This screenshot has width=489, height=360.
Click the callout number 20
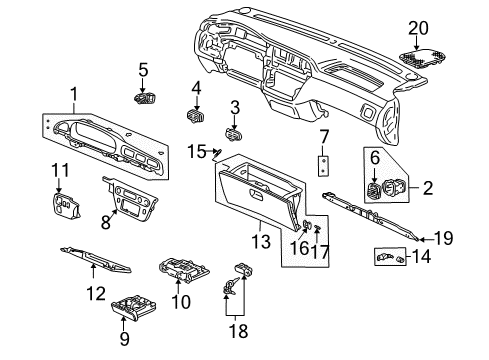pyautogui.click(x=418, y=28)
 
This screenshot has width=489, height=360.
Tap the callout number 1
pyautogui.click(x=74, y=94)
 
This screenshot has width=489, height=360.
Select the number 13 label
pyautogui.click(x=261, y=241)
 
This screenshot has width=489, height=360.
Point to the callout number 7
pyautogui.click(x=324, y=137)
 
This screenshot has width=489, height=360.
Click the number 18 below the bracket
pyautogui.click(x=238, y=331)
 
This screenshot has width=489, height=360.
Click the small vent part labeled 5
pyautogui.click(x=145, y=99)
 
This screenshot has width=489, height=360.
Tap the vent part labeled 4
pyautogui.click(x=196, y=115)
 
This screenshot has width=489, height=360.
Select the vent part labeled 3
pyautogui.click(x=234, y=135)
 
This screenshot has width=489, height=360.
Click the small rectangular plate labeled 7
pyautogui.click(x=323, y=166)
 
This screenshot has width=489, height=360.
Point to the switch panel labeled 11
pyautogui.click(x=66, y=206)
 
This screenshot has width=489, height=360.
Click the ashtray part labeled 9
pyautogui.click(x=134, y=308)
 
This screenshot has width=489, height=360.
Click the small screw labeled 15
pyautogui.click(x=218, y=153)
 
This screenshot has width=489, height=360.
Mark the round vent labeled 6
pyautogui.click(x=373, y=191)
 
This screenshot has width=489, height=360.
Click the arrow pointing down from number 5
pyautogui.click(x=143, y=86)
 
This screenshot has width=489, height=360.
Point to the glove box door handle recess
pyautogui.click(x=256, y=194)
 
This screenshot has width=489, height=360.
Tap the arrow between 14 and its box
pyautogui.click(x=407, y=257)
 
